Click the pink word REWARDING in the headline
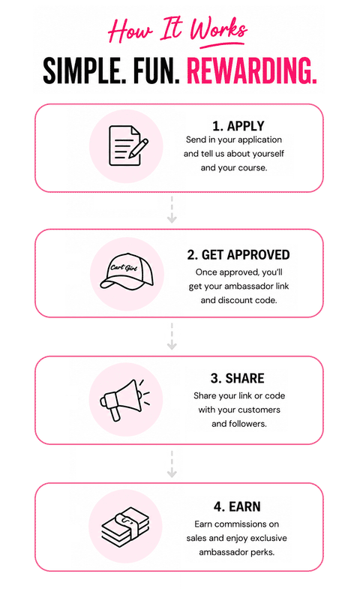point(251,71)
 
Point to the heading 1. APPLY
point(238,126)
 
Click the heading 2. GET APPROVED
point(238,254)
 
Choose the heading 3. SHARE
point(237,378)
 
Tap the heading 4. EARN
point(237,506)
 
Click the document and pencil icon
point(128,146)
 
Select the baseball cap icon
point(127,271)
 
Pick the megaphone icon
point(124,400)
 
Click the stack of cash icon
point(125,527)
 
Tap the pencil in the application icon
point(138,149)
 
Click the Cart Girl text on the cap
point(124,267)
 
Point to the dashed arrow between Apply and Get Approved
point(172,209)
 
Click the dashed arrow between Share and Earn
point(172,464)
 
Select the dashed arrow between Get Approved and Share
point(172,336)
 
